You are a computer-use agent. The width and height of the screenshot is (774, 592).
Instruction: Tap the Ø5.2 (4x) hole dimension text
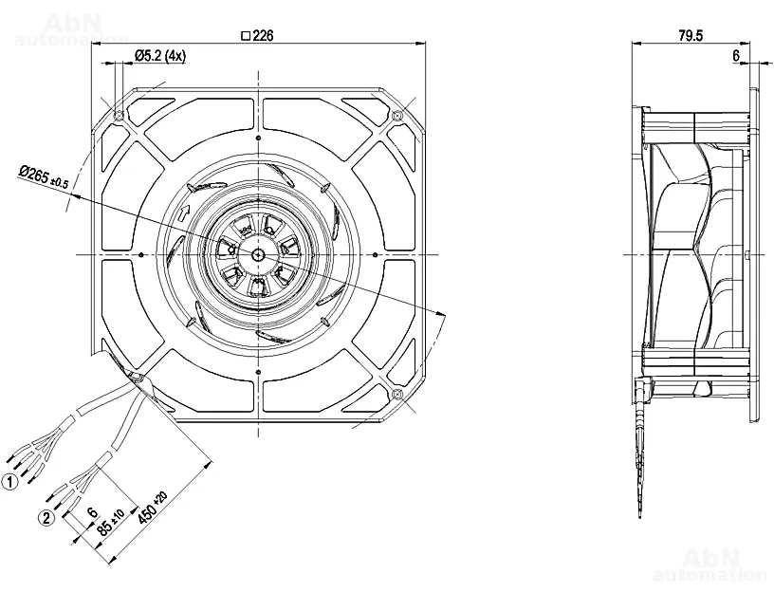point(159,56)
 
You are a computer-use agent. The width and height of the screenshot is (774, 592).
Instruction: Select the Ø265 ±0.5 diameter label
point(44,176)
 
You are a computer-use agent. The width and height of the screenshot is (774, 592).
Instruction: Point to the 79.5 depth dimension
point(691,36)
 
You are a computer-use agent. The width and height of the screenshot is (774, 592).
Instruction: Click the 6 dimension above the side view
point(735,57)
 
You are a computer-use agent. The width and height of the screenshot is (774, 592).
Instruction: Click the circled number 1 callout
point(10,483)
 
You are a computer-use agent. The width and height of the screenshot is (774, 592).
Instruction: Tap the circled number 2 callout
point(46,518)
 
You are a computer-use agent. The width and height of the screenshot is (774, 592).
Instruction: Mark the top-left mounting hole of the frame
point(118,116)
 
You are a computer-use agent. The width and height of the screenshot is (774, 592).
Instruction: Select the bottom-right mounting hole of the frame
point(396,394)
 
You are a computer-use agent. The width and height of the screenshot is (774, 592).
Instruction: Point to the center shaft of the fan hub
point(257,254)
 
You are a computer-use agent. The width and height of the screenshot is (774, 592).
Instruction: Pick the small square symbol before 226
point(246,36)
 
